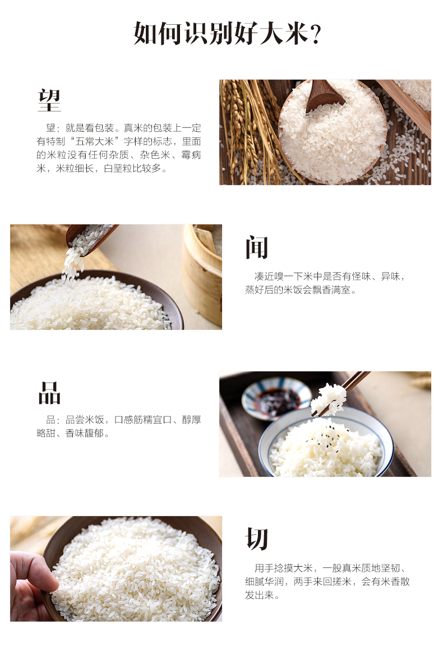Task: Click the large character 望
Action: click(x=49, y=100)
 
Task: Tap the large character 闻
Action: click(x=257, y=247)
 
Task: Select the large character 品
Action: click(x=49, y=393)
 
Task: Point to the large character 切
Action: click(x=256, y=539)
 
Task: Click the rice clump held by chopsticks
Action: click(x=329, y=398)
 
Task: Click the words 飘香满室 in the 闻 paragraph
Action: click(x=331, y=290)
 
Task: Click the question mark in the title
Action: click(x=316, y=34)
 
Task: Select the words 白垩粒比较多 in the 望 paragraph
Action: click(x=132, y=168)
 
